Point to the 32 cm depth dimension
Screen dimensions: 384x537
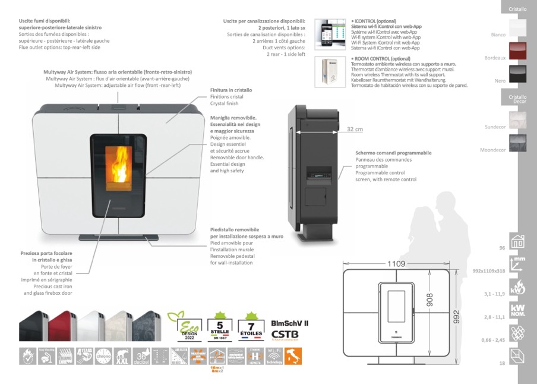tap(355, 129)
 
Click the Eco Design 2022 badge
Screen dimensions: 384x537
tap(182, 326)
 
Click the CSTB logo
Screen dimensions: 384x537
tap(285, 334)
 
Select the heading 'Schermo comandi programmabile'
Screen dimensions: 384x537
tap(393, 153)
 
